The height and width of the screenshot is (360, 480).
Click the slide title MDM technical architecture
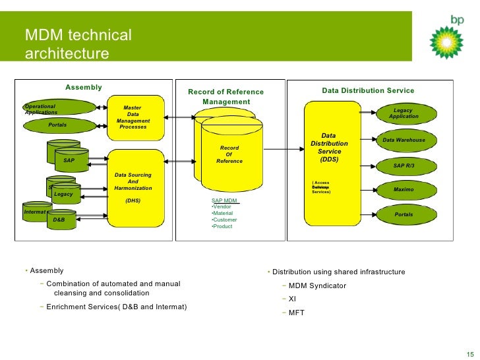tap(78, 44)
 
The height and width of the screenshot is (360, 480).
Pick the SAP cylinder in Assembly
tap(69, 160)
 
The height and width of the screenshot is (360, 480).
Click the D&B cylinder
tap(59, 219)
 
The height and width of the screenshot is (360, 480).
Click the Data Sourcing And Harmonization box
tap(133, 187)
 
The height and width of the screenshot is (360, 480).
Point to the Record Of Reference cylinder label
tap(229, 154)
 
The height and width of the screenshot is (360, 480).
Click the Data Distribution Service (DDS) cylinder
tap(329, 158)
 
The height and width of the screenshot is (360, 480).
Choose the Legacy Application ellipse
tap(403, 113)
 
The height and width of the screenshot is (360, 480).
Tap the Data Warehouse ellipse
tap(404, 140)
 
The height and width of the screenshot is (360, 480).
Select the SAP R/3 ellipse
tap(404, 165)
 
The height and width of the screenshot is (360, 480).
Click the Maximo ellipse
tap(404, 190)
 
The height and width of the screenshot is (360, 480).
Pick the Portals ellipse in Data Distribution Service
tap(404, 215)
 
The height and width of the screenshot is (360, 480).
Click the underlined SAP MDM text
tap(224, 200)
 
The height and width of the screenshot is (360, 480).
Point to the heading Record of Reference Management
tap(225, 97)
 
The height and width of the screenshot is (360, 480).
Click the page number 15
tap(469, 350)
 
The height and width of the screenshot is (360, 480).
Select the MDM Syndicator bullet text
tap(317, 286)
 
